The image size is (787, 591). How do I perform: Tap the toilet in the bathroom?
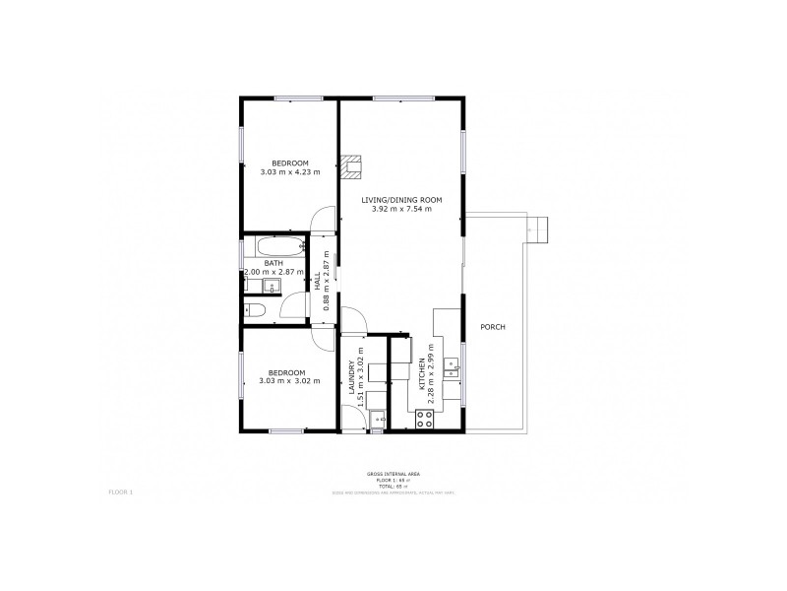pyautogui.click(x=256, y=311)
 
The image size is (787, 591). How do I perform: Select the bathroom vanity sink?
pyautogui.click(x=272, y=287)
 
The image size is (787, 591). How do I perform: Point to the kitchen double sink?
pyautogui.click(x=453, y=369)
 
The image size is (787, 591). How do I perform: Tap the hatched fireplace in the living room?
pyautogui.click(x=353, y=166)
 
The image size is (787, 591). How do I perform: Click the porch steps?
pyautogui.click(x=537, y=229)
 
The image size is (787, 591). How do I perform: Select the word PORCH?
pyautogui.click(x=492, y=327)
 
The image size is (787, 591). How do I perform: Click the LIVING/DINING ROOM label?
pyautogui.click(x=401, y=200)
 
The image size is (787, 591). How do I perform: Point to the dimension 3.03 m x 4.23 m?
pyautogui.click(x=290, y=172)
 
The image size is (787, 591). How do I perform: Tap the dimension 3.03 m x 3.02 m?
pyautogui.click(x=290, y=381)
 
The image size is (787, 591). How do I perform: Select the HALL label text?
pyautogui.click(x=317, y=282)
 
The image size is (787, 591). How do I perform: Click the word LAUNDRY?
pyautogui.click(x=351, y=380)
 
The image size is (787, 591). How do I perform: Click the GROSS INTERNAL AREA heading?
pyautogui.click(x=387, y=474)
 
